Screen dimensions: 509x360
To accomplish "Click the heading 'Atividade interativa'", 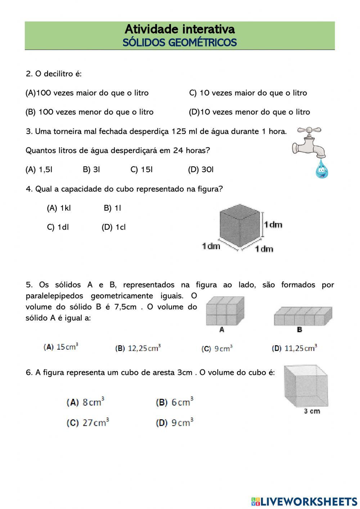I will pyautogui.click(x=180, y=29).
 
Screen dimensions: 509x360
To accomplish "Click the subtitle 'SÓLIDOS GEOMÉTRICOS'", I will pyautogui.click(x=180, y=43).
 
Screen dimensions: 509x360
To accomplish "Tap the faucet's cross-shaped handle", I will pyautogui.click(x=309, y=130).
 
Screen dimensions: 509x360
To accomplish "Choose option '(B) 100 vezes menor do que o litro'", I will pyautogui.click(x=90, y=112).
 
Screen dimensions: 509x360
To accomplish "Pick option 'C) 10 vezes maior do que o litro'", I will pyautogui.click(x=248, y=93).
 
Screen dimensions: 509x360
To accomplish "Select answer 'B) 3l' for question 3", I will pyautogui.click(x=91, y=170).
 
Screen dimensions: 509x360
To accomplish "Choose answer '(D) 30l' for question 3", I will pyautogui.click(x=201, y=170).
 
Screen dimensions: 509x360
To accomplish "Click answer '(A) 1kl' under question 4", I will pyautogui.click(x=59, y=208).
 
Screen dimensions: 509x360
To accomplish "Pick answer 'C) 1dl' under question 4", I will pyautogui.click(x=58, y=227).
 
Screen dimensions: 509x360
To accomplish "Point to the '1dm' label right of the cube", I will pyautogui.click(x=273, y=225).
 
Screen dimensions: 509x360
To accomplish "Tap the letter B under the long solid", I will pyautogui.click(x=299, y=329).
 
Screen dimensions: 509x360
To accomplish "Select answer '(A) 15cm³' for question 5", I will pyautogui.click(x=61, y=347).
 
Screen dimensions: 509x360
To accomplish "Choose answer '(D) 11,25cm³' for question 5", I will pyautogui.click(x=294, y=348).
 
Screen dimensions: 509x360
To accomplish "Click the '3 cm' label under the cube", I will pyautogui.click(x=312, y=411).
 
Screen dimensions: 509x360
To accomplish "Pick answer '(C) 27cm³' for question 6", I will pyautogui.click(x=88, y=423).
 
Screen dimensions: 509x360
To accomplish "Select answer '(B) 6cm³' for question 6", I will pyautogui.click(x=175, y=402).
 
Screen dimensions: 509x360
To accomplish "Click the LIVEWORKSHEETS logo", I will pyautogui.click(x=304, y=501).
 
